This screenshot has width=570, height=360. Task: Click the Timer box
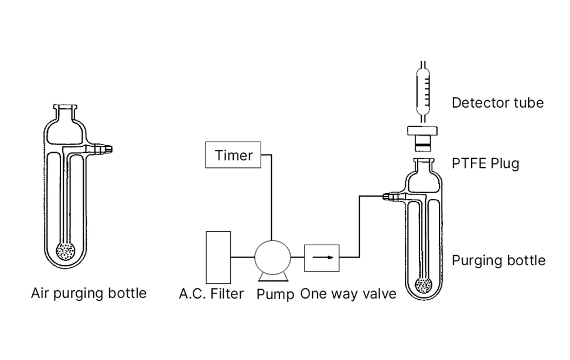(x=233, y=155)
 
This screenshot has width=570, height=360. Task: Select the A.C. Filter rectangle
(x=218, y=257)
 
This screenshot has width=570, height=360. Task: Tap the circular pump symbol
(x=272, y=256)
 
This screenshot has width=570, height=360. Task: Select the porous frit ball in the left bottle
(x=66, y=252)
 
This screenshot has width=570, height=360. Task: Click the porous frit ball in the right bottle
(x=424, y=285)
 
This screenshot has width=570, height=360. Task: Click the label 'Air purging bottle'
(x=88, y=293)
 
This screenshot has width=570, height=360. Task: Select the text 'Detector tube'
(x=497, y=103)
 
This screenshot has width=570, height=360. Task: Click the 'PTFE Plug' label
(x=485, y=163)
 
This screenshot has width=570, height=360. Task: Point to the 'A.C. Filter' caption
(x=211, y=293)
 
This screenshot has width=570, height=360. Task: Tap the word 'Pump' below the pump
(x=275, y=294)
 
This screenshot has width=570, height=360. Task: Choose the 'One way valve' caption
(x=348, y=293)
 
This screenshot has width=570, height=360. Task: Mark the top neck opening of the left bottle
(x=66, y=107)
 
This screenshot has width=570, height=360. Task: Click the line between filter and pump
(x=243, y=256)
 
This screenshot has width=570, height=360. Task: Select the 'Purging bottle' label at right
(x=498, y=260)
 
